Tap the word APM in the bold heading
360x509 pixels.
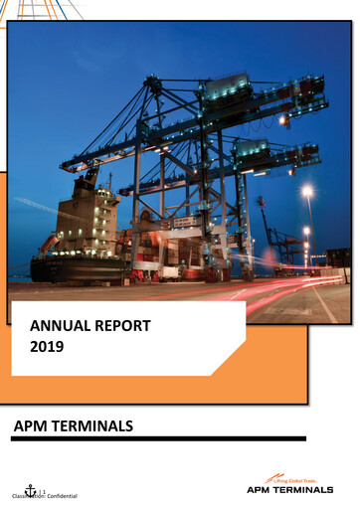point(33,426)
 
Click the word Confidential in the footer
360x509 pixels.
point(60,495)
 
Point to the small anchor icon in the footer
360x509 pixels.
point(30,489)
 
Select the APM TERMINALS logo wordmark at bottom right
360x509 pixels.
point(289,490)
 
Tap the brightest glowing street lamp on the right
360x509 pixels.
point(307,191)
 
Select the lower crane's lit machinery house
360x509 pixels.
point(250,151)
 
